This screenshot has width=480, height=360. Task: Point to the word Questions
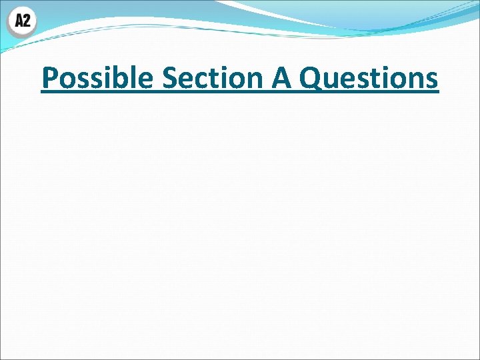[369, 78]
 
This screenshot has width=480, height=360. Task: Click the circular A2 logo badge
[22, 21]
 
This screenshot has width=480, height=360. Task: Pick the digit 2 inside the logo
[27, 21]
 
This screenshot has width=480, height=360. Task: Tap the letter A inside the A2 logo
[18, 21]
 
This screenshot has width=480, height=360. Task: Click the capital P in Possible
[49, 78]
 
